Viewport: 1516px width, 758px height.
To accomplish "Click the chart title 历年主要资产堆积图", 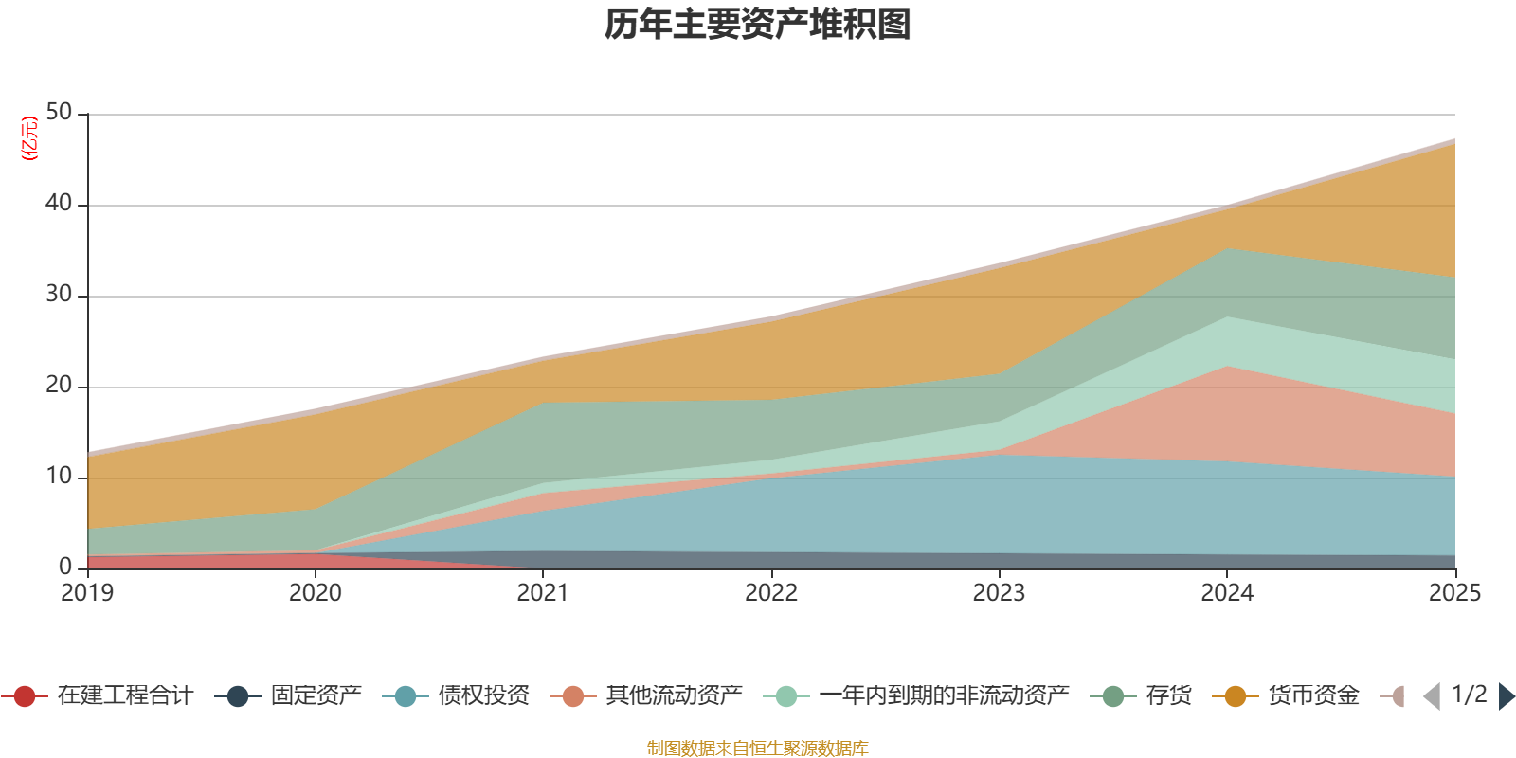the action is coord(757,25).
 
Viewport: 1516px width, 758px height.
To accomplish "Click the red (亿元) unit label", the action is coord(29,138).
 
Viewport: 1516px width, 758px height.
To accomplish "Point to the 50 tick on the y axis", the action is coord(59,112).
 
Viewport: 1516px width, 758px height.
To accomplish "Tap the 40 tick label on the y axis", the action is coord(59,203).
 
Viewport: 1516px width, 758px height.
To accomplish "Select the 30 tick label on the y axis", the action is coord(59,294).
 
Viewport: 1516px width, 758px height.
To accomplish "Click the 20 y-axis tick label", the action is coord(59,385).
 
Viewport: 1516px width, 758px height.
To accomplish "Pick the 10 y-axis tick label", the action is coord(59,476).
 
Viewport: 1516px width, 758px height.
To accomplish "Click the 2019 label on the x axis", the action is coord(87,592).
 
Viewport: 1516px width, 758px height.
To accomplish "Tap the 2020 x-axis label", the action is coord(316,592).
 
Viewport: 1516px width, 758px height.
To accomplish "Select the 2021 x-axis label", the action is coord(543,592).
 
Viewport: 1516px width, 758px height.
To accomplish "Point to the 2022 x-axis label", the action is coord(771,592).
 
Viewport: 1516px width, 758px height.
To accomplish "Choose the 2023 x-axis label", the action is coord(999,592).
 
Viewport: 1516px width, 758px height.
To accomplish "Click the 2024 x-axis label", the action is coord(1227,592).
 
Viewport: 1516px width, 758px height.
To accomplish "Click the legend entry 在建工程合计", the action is coord(98,695).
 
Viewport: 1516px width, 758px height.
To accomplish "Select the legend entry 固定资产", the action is coord(288,695).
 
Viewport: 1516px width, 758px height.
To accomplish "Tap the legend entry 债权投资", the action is coord(456,695).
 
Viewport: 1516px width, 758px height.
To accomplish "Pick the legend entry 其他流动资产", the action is coord(646,695).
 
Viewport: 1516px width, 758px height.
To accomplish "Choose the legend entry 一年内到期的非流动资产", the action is coord(916,695).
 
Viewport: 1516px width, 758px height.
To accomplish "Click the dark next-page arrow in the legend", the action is coord(1506,695).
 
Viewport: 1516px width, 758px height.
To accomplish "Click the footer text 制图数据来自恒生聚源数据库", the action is coord(757,748).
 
